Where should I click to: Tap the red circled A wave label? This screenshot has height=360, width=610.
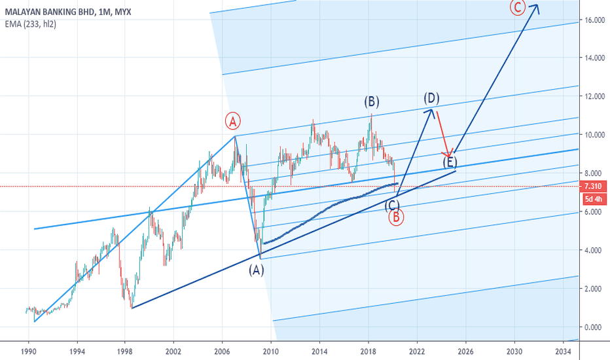tap(234, 120)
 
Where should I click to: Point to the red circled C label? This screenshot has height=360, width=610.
tap(517, 8)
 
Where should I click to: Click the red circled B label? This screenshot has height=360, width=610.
tap(396, 217)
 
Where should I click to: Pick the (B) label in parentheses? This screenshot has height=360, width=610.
tap(372, 101)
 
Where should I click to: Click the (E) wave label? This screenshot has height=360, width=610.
tap(450, 162)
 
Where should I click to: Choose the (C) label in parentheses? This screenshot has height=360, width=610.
tap(392, 205)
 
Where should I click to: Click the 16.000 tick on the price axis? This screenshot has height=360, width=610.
tap(592, 20)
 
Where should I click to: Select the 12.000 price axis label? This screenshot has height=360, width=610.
tap(592, 97)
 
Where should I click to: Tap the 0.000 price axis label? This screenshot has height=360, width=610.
tap(592, 327)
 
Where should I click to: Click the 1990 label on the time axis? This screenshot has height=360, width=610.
tap(28, 351)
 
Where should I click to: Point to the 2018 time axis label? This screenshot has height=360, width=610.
tap(368, 351)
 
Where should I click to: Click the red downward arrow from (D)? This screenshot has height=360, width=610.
tap(443, 134)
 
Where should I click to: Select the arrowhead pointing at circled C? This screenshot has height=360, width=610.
tap(536, 8)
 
